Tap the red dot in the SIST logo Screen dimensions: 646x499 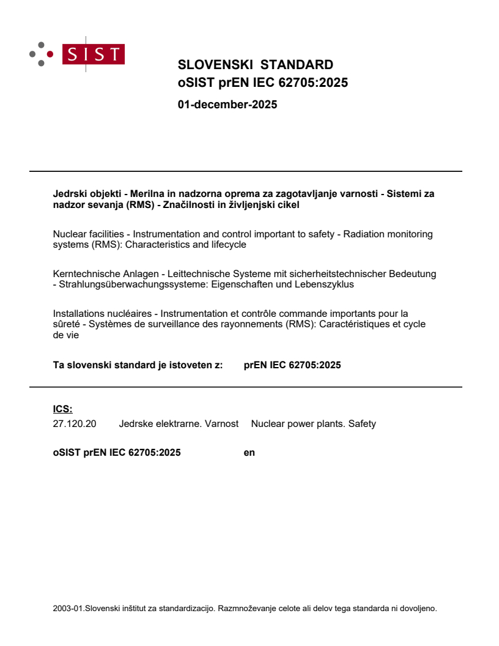point(50,54)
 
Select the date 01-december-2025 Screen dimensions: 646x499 point(227,105)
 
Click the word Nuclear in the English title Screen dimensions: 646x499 point(70,234)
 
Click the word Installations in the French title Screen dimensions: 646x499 point(78,314)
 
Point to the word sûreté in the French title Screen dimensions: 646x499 point(67,324)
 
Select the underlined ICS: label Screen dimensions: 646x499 point(62,409)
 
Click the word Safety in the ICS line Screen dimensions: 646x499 point(362,423)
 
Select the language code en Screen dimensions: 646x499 point(249,453)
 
